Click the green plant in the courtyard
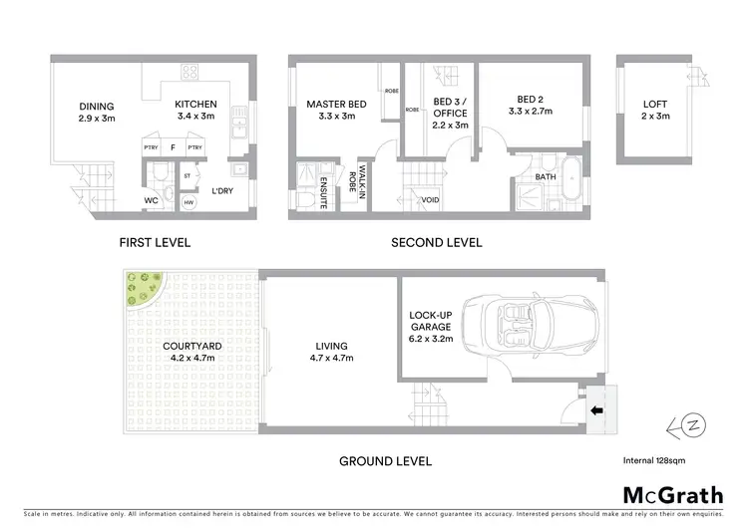point(143,289)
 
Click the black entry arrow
point(596,409)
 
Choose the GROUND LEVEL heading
point(386,461)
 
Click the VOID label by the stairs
point(431,200)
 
